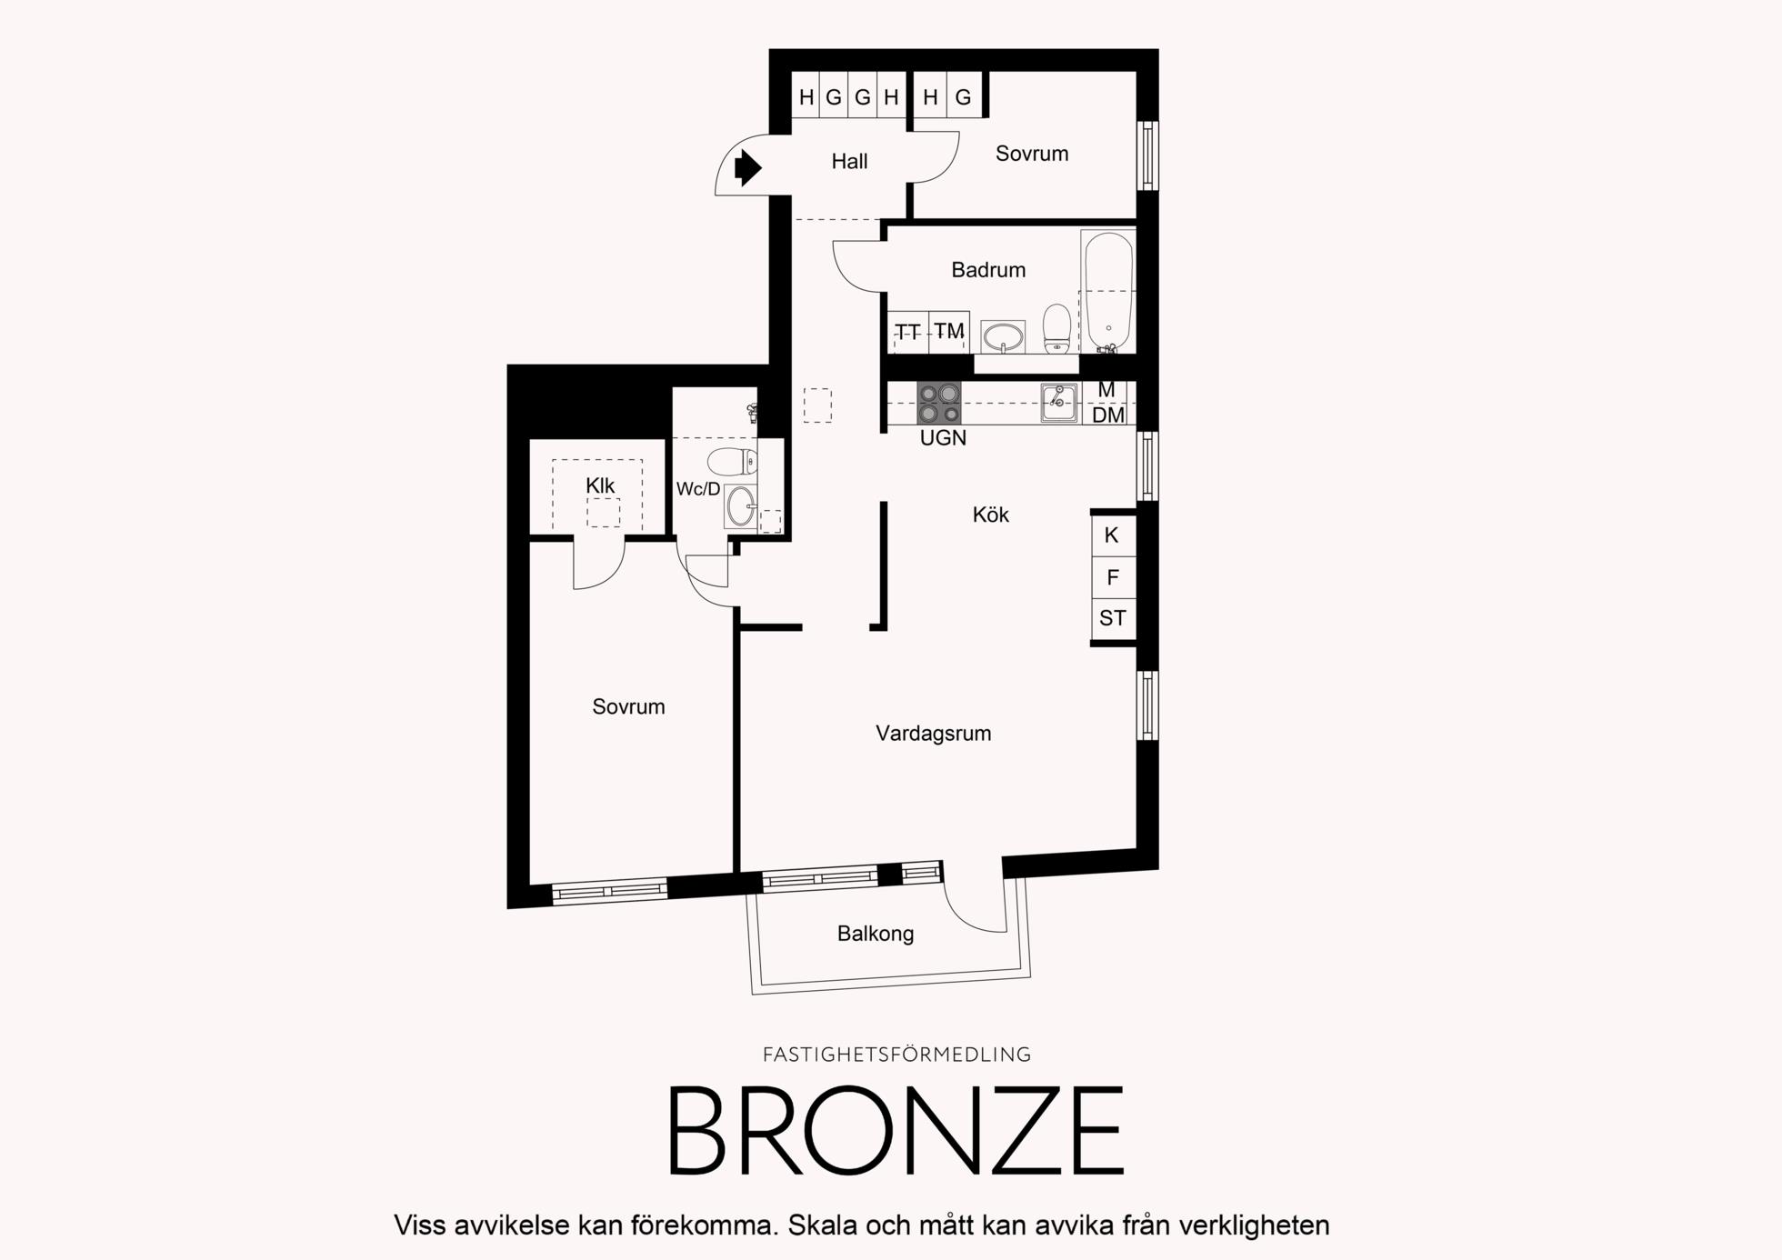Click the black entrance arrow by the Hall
tap(747, 167)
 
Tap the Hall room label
tap(849, 162)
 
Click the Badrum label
tap(988, 270)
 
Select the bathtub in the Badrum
tap(1108, 292)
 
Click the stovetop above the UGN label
tap(939, 403)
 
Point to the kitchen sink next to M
tap(1059, 403)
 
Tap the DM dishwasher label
tap(1108, 415)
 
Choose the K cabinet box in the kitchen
tap(1113, 535)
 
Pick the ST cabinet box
tap(1113, 619)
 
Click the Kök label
tap(990, 515)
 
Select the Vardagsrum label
tap(933, 734)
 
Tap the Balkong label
tap(876, 934)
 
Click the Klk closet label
tap(600, 486)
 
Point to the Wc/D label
tap(698, 489)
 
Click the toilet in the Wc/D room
tap(732, 462)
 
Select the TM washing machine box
tap(949, 332)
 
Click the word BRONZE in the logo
tap(896, 1132)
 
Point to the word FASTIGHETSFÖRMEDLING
tap(896, 1055)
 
